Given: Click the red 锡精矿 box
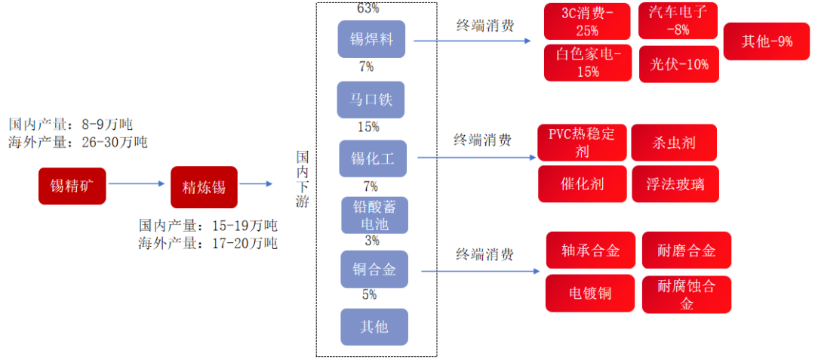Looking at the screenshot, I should pyautogui.click(x=72, y=186).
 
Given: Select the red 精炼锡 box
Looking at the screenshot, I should pyautogui.click(x=204, y=187).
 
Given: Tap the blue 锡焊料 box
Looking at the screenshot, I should pyautogui.click(x=372, y=38).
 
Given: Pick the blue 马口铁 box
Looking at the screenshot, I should pyautogui.click(x=371, y=100).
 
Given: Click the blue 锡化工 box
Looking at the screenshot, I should pyautogui.click(x=373, y=158).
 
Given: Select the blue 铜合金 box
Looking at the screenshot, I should pyautogui.click(x=374, y=269).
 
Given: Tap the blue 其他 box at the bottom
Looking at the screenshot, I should pyautogui.click(x=374, y=327).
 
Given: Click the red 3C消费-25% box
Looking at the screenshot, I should pyautogui.click(x=587, y=22).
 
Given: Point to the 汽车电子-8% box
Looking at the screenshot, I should pyautogui.click(x=678, y=21).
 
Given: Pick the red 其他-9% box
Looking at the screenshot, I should pyautogui.click(x=767, y=42).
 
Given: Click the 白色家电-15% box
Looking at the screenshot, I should pyautogui.click(x=588, y=63).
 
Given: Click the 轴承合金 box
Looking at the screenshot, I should pyautogui.click(x=591, y=251).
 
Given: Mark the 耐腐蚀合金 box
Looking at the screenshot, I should pyautogui.click(x=686, y=294).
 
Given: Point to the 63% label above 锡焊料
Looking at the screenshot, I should pyautogui.click(x=368, y=9).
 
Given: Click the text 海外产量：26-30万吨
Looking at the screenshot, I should pyautogui.click(x=78, y=142).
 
